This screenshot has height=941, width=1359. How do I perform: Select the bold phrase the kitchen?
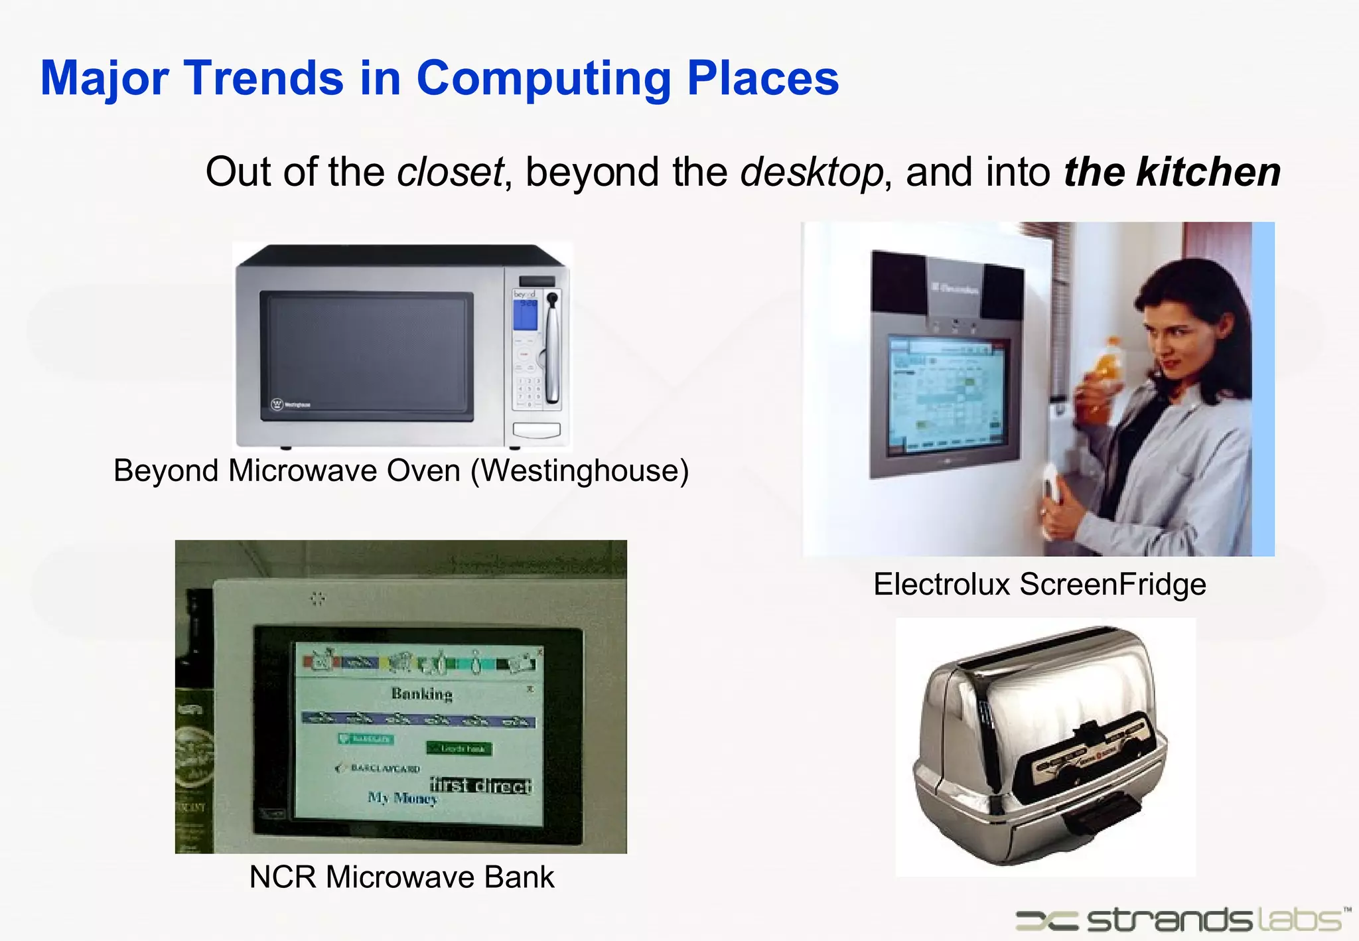[1172, 172]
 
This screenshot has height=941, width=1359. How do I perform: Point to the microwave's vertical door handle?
[551, 348]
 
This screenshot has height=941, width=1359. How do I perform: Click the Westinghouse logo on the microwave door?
[291, 404]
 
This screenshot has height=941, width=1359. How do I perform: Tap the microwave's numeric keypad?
[529, 392]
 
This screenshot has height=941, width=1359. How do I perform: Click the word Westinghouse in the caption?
[580, 470]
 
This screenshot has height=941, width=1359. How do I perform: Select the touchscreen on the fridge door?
[946, 395]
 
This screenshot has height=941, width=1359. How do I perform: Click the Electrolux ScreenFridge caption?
[1039, 585]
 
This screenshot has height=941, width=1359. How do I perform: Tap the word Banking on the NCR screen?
[421, 694]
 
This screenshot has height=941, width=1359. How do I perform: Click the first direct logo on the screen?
[480, 786]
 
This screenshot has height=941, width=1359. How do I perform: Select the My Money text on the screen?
[403, 798]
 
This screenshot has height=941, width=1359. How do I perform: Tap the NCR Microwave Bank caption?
[401, 877]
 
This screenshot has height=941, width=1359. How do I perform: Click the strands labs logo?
[1181, 920]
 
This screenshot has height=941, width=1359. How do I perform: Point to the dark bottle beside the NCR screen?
[194, 717]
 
